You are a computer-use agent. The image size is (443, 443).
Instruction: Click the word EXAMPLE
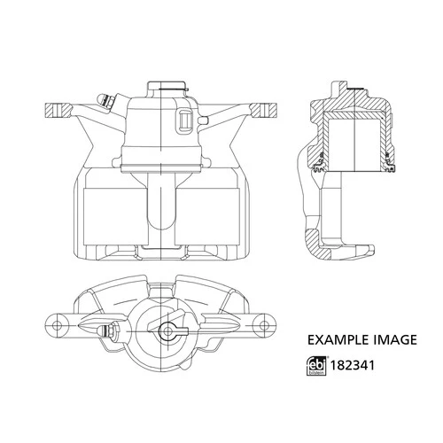[334, 338]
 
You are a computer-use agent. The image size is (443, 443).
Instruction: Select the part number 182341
[351, 363]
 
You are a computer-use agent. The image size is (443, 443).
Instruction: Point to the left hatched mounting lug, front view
[57, 113]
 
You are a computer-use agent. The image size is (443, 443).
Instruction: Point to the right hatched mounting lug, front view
[264, 113]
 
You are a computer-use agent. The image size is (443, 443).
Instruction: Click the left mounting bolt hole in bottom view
[60, 322]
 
